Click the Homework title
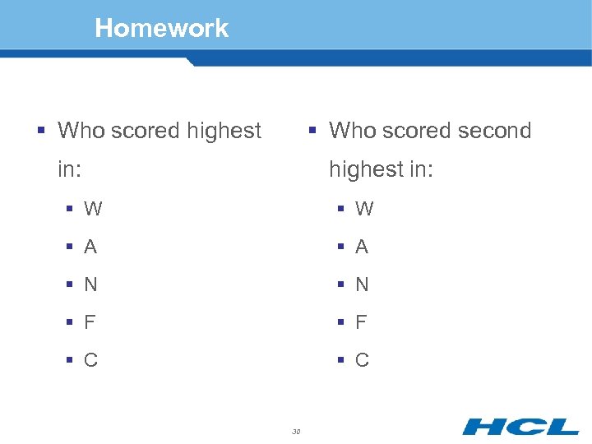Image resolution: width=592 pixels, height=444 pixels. pyautogui.click(x=162, y=28)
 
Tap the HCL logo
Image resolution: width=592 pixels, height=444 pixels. pyautogui.click(x=520, y=426)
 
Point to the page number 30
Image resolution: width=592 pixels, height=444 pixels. pyautogui.click(x=296, y=430)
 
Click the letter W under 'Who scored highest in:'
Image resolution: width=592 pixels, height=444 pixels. pyautogui.click(x=93, y=209)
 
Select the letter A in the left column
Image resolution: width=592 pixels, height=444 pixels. pyautogui.click(x=90, y=247)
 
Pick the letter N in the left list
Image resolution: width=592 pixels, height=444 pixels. pyautogui.click(x=90, y=284)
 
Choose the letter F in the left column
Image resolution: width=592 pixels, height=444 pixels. pyautogui.click(x=90, y=322)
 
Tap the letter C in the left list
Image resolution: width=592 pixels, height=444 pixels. pyautogui.click(x=90, y=360)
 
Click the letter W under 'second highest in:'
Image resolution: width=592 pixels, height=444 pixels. pyautogui.click(x=364, y=209)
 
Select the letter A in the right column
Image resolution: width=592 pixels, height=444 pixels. pyautogui.click(x=362, y=247)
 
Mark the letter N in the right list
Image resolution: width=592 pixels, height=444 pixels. pyautogui.click(x=362, y=284)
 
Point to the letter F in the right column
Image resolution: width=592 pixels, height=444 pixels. pyautogui.click(x=361, y=322)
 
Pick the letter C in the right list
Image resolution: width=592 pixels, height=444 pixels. pyautogui.click(x=362, y=360)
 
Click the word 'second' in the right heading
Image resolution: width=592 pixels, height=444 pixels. pyautogui.click(x=493, y=130)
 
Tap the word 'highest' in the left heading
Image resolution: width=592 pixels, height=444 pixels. pyautogui.click(x=224, y=131)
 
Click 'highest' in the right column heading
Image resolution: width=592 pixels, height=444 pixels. pyautogui.click(x=365, y=170)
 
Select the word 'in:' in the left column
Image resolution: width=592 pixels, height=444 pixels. pyautogui.click(x=70, y=169)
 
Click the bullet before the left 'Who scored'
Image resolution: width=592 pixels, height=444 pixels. pyautogui.click(x=40, y=131)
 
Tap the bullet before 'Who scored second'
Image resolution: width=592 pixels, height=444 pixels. pyautogui.click(x=312, y=131)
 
